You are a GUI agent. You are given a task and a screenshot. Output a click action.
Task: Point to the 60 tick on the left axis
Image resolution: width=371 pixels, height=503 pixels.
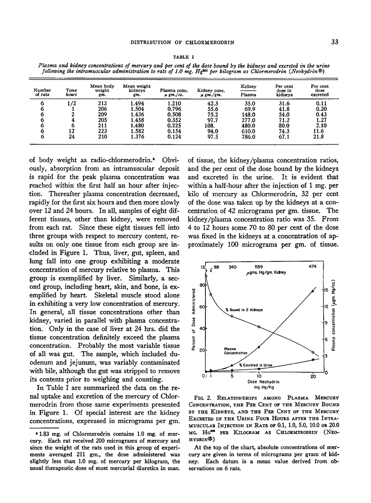pos(203,307)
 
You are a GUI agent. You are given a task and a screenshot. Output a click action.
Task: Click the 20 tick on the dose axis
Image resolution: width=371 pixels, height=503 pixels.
pos(313,377)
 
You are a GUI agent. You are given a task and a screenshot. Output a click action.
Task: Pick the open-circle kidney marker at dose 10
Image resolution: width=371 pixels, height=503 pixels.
pos(259,327)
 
